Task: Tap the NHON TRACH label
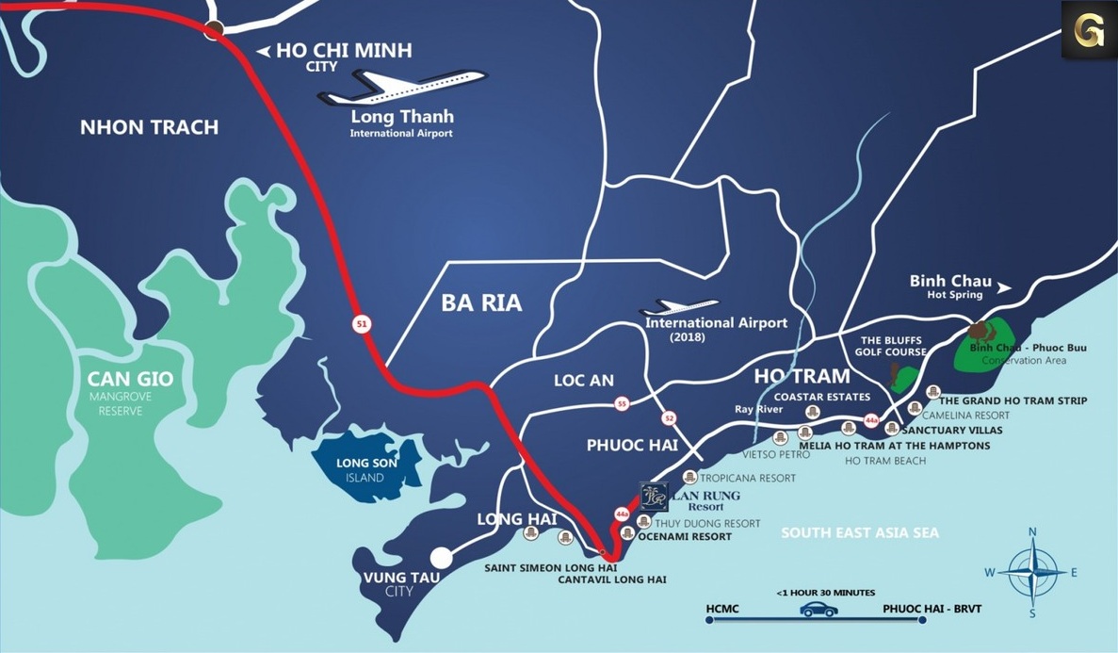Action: (149, 127)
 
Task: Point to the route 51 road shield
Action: (362, 324)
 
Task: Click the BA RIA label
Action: (481, 303)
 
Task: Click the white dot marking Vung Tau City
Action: (441, 558)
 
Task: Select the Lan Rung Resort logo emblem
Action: (654, 497)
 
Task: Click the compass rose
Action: (1032, 572)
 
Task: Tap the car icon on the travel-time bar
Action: (818, 610)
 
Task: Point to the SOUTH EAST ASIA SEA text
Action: (860, 533)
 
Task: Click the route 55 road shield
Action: (621, 404)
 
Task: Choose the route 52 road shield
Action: (669, 418)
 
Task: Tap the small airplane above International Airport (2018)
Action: (679, 307)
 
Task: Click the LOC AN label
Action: (583, 381)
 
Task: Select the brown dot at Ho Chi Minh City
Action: (214, 30)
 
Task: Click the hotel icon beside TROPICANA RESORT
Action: (690, 478)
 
